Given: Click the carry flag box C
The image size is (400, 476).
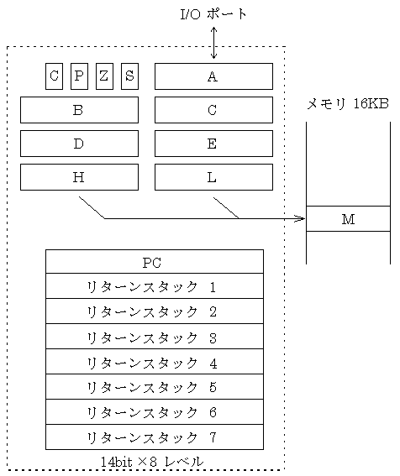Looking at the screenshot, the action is [54, 76].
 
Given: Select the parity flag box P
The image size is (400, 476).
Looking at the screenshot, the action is [79, 76].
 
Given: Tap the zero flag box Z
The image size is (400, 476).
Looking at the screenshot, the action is [104, 76].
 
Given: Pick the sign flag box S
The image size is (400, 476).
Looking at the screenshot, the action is [129, 76].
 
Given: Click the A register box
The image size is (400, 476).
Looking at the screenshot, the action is [213, 76].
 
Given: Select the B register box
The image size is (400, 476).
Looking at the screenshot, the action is [79, 110].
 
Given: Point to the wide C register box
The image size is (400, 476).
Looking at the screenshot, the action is [213, 110].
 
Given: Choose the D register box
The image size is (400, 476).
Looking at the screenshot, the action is [79, 144].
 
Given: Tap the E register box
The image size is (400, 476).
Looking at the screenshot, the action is [213, 144].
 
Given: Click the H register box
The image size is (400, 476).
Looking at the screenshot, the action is [79, 177].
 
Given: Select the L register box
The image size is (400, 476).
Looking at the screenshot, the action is [213, 177].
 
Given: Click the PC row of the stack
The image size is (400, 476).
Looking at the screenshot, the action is [155, 262].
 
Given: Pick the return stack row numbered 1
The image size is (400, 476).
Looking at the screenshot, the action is [155, 286].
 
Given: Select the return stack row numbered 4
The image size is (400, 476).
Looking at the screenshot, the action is [155, 362].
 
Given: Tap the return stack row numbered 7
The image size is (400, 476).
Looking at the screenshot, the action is [155, 437].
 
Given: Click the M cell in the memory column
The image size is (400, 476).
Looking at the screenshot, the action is [348, 219].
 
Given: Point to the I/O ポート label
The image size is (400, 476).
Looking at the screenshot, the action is [213, 14].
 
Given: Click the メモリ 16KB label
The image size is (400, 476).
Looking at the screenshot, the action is [348, 104].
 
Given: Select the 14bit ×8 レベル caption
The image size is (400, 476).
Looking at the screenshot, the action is [152, 462].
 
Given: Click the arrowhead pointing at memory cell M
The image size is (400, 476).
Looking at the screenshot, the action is [301, 218].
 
